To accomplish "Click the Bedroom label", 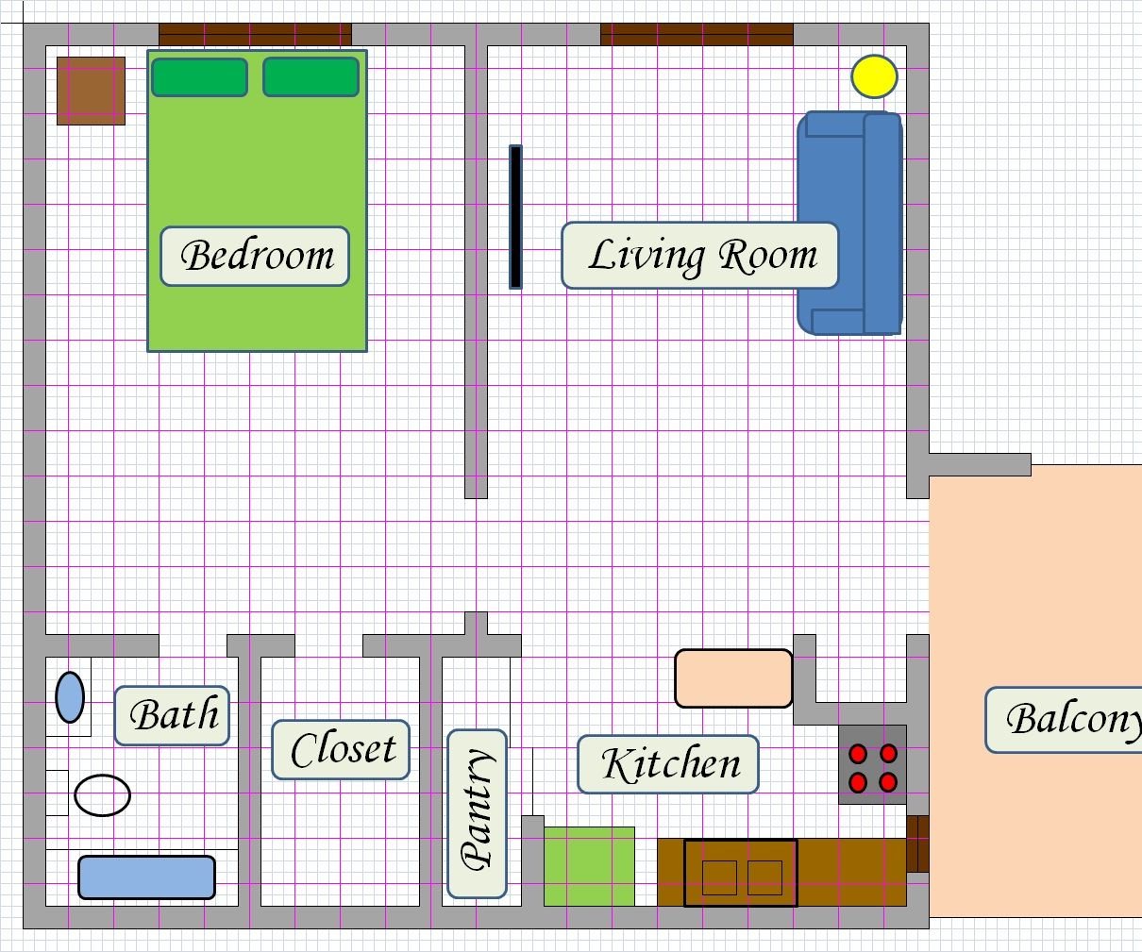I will (255, 256).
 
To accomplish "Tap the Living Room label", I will (700, 256).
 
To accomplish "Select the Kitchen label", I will (668, 764).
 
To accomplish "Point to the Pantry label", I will (477, 813).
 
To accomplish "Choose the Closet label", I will (341, 750).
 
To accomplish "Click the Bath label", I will (172, 715).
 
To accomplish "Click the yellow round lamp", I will (874, 76).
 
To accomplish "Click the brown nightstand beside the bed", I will (91, 91).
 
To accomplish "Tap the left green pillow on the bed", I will (199, 77).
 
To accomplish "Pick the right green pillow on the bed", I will (311, 77).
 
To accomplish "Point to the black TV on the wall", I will (515, 216).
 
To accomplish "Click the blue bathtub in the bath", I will (146, 877).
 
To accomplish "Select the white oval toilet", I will (102, 795).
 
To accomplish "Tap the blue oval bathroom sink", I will (70, 697).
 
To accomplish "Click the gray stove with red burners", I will (873, 765).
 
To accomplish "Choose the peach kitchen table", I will (733, 677).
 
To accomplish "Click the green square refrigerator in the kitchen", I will (589, 866).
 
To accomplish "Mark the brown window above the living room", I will (697, 35).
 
